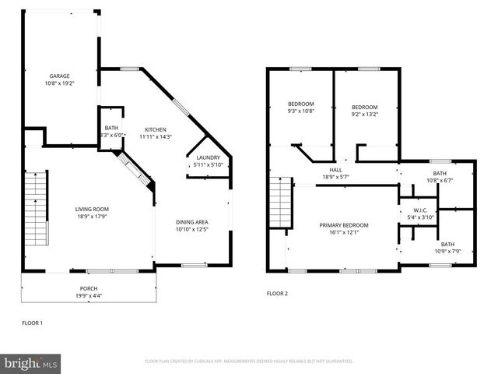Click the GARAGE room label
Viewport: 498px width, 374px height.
click(x=59, y=76)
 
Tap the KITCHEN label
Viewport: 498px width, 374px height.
click(x=156, y=129)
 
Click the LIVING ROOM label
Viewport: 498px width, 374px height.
click(x=91, y=209)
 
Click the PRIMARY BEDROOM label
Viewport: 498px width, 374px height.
click(x=344, y=225)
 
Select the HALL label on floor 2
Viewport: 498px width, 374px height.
click(x=335, y=169)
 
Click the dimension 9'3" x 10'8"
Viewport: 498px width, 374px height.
click(x=300, y=111)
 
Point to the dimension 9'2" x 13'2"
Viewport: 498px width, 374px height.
click(x=364, y=114)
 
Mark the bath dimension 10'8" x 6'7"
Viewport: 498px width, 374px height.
click(x=440, y=181)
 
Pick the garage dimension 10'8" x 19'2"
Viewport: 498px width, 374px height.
click(x=59, y=83)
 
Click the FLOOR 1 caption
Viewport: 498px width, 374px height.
click(x=32, y=321)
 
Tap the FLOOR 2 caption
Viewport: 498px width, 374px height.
click(x=277, y=294)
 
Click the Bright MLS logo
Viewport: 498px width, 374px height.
click(x=31, y=363)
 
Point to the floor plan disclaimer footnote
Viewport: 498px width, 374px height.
click(x=248, y=362)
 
